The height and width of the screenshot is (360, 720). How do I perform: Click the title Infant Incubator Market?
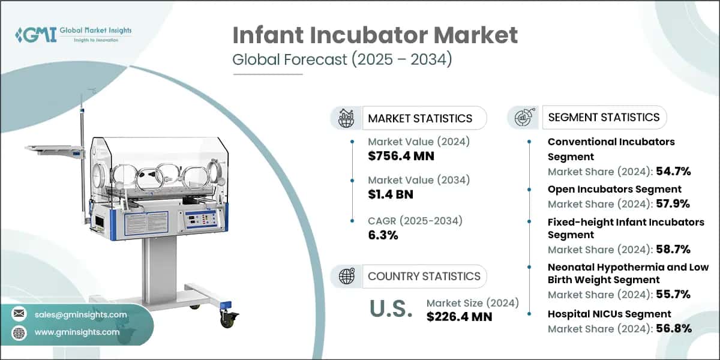(375, 35)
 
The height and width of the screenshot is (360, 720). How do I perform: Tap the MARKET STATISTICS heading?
(420, 118)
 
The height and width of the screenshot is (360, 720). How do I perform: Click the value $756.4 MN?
(401, 157)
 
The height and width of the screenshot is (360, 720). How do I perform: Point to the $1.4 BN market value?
(391, 194)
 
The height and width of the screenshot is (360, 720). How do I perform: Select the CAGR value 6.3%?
(383, 235)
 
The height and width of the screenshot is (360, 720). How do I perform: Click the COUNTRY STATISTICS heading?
(424, 276)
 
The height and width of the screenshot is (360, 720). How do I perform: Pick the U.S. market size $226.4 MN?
(459, 316)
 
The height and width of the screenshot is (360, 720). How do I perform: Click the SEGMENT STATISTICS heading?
(604, 117)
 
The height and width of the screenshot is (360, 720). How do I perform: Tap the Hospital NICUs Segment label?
(609, 314)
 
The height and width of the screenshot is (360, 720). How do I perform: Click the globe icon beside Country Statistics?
(347, 276)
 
